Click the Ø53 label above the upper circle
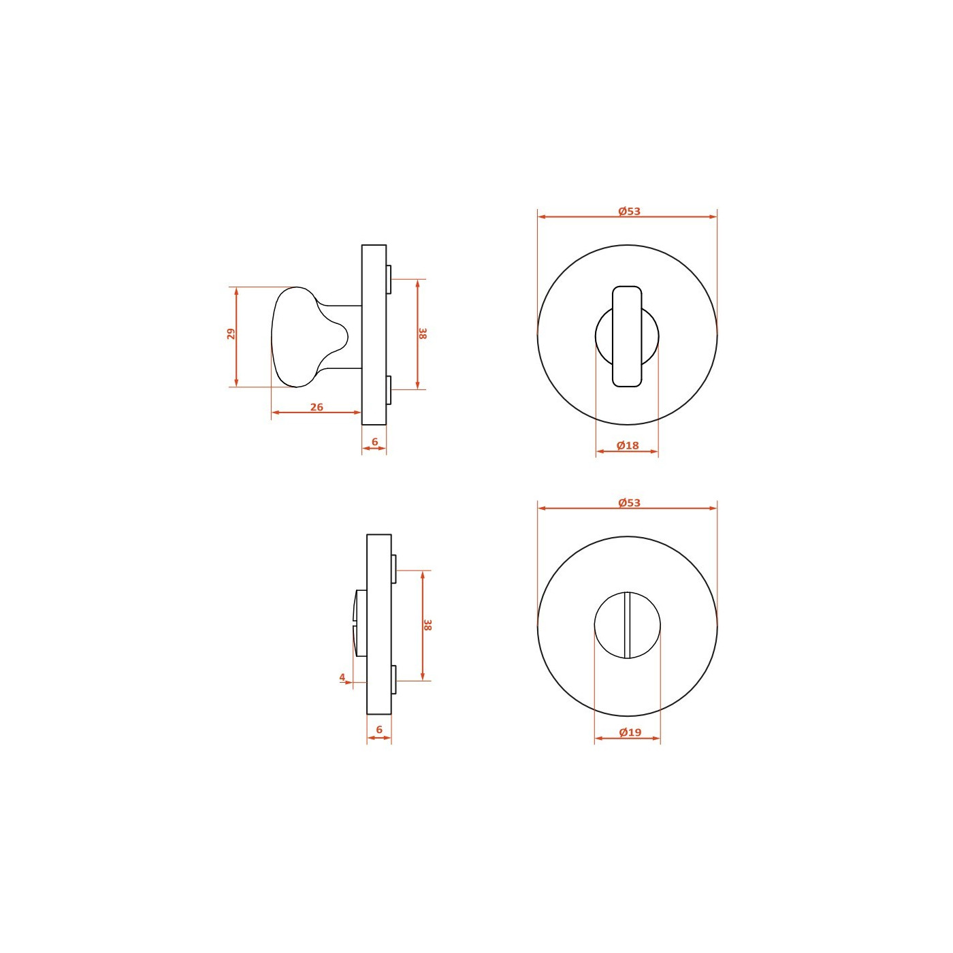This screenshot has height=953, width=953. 629,211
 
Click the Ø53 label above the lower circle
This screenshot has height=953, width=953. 629,502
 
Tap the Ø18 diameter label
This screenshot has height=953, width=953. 628,445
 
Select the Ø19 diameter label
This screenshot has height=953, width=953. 630,732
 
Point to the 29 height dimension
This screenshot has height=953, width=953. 231,334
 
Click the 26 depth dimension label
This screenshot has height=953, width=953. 317,407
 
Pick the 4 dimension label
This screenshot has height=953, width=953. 342,677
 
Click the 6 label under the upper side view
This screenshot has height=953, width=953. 375,441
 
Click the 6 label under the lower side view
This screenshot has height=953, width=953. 379,729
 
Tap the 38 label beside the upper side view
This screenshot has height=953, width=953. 422,334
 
